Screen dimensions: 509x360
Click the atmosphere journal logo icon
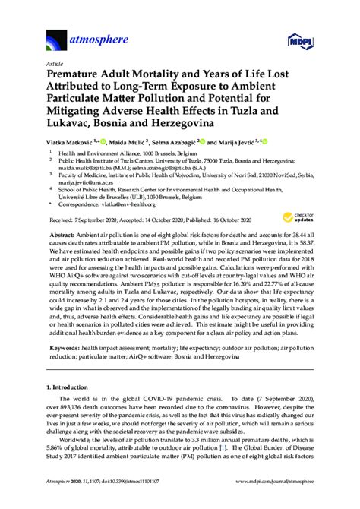click(x=55, y=38)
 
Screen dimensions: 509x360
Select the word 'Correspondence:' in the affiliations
click(x=80, y=204)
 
